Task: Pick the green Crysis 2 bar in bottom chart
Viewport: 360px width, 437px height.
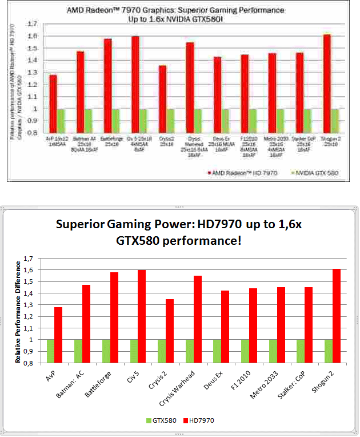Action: (162, 351)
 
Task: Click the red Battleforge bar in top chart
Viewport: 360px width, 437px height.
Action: (107, 85)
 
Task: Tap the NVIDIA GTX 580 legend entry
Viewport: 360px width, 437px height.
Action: (313, 172)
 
